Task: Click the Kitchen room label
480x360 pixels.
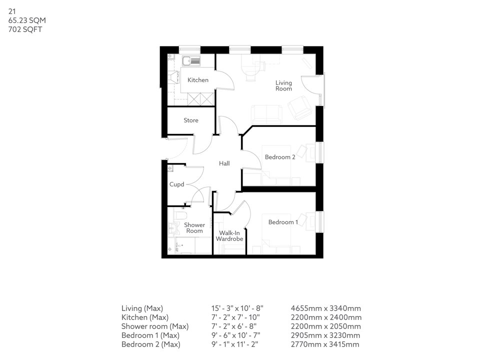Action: tap(198, 80)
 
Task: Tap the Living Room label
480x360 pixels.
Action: tap(283, 85)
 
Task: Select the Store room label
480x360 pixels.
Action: tap(190, 120)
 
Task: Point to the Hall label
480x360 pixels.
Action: tap(224, 163)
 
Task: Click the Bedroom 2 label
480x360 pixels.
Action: tap(280, 157)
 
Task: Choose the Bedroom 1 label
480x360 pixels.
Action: tap(283, 222)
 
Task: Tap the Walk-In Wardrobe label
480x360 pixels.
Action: tap(229, 236)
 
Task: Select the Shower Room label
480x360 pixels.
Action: tap(194, 228)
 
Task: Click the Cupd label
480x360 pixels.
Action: tap(177, 184)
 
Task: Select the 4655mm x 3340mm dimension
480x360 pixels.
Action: tap(325, 308)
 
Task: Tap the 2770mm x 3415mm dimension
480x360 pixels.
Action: tap(325, 344)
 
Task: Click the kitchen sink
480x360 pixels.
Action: tap(191, 61)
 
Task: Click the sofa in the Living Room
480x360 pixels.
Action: tap(266, 114)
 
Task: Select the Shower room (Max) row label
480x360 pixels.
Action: tap(154, 326)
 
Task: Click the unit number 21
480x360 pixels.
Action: tap(11, 11)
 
